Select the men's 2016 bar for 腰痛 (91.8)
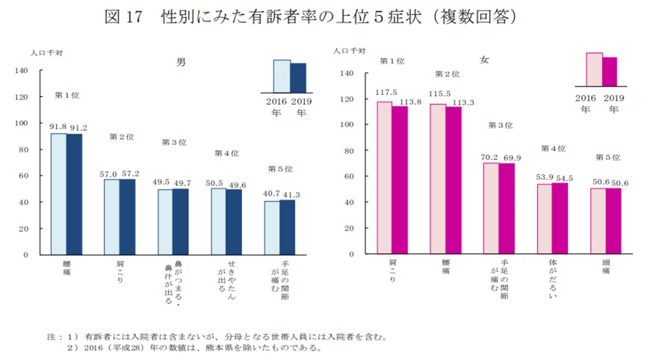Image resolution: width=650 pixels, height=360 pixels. pos(58,194)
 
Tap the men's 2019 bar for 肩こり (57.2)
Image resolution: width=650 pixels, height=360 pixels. pos(128,217)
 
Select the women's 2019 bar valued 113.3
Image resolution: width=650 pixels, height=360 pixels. pos(454,180)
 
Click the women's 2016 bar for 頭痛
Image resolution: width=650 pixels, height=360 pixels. pos(598,221)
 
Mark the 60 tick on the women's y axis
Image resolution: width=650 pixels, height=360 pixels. pos(345,176)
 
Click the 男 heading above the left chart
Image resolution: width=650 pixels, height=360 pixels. pos(180,63)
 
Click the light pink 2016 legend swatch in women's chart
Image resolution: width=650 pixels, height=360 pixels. pos(594,69)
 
